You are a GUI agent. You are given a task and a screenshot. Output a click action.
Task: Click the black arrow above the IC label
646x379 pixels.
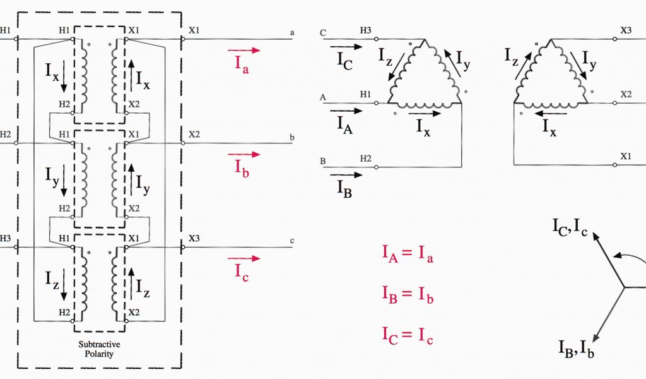[x=346, y=46]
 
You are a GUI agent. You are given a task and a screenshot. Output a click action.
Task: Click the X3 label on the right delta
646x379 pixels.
[x=626, y=30]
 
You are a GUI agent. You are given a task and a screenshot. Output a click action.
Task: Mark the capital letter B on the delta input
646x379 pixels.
[x=323, y=162]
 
